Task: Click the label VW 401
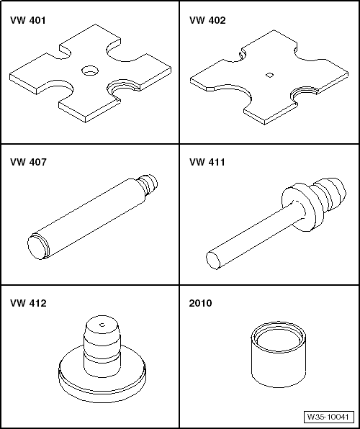(x=28, y=21)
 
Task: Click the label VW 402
(x=208, y=21)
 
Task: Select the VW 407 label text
(x=28, y=162)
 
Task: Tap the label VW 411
(x=208, y=162)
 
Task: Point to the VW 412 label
(x=28, y=303)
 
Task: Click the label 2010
(x=202, y=303)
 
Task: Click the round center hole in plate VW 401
(x=89, y=71)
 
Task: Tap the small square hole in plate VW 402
(x=269, y=74)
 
